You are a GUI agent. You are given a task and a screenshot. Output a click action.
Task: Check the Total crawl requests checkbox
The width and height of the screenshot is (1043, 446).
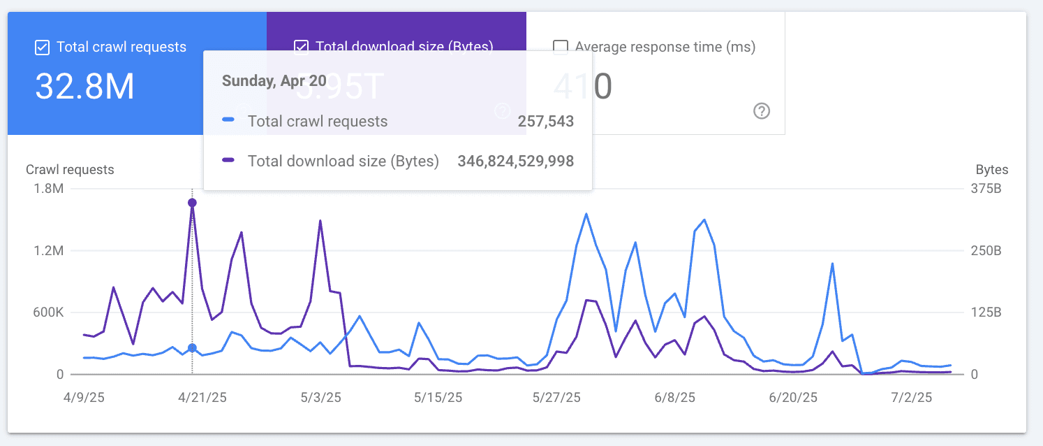point(42,48)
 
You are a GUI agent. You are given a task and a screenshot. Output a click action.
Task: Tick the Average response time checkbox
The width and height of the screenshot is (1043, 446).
point(560,47)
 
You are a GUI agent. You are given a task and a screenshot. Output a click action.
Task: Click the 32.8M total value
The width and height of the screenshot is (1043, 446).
point(84,87)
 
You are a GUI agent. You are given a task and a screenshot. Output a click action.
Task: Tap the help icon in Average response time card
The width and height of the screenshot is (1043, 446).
point(762,110)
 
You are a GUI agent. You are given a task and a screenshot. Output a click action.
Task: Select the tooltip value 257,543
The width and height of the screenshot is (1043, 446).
point(545,122)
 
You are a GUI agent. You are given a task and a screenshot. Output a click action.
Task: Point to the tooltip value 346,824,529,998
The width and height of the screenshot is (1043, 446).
point(515,161)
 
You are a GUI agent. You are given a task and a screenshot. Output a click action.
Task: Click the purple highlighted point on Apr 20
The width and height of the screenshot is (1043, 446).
point(192,203)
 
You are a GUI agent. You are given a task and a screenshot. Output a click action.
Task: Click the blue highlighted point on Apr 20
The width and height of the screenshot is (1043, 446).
point(192,348)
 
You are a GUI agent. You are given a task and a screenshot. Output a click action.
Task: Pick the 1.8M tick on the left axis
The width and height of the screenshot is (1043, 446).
point(48,189)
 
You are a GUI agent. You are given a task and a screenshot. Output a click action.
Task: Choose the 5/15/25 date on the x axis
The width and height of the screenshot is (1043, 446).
point(438,398)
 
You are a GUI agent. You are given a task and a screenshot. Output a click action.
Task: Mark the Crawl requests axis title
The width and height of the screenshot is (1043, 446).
point(70,170)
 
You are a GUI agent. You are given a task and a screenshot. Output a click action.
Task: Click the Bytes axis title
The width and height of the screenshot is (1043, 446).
point(992,170)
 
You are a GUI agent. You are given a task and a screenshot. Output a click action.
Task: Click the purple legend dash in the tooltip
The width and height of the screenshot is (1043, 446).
point(228,161)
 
